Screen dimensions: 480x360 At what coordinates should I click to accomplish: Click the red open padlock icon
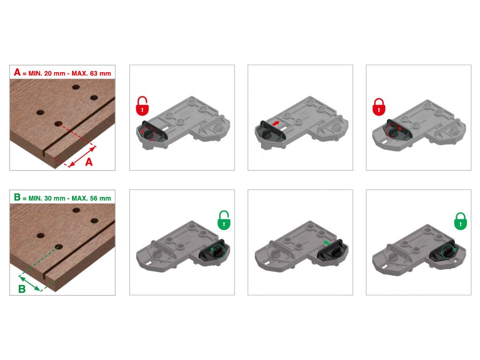coord(142,106)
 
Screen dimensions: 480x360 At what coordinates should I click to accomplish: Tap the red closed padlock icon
coord(379,107)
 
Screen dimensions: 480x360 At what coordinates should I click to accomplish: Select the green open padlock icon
coord(224,220)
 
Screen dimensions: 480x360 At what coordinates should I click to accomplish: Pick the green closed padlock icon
coord(460,221)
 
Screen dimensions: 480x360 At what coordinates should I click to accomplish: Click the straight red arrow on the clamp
coord(276,123)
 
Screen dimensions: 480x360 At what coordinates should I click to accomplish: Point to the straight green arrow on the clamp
coord(327,243)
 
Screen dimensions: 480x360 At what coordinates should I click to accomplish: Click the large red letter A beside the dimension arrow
coord(89,162)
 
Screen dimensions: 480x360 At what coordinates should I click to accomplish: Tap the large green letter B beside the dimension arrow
coord(22,289)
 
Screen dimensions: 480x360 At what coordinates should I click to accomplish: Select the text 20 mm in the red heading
coord(55,74)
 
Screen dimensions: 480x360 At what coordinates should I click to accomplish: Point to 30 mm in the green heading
coord(55,198)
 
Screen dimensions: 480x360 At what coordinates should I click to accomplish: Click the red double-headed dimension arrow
coord(82,157)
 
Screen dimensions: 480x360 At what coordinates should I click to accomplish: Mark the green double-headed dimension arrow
coord(30,283)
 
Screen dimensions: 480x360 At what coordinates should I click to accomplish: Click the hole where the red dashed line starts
coord(59,124)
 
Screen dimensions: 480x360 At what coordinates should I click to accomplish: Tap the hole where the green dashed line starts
coord(59,247)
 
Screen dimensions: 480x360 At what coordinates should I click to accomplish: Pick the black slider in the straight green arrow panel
coord(331,251)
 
